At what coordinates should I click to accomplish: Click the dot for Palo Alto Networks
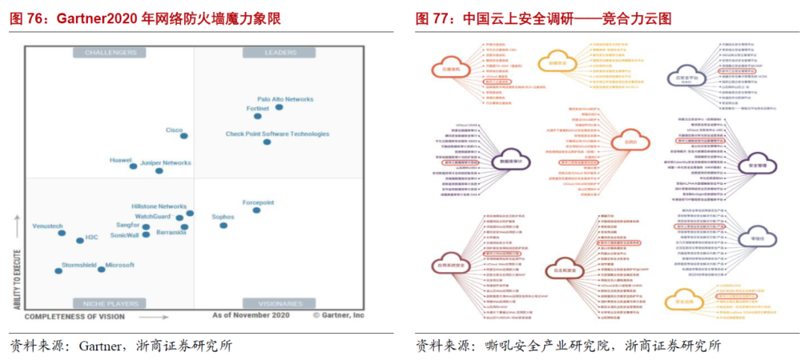pyautogui.click(x=280, y=107)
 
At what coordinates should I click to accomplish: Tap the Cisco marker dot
pyautogui.click(x=184, y=136)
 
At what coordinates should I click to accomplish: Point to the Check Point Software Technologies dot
pyautogui.click(x=267, y=142)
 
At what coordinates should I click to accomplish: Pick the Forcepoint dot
pyautogui.click(x=257, y=210)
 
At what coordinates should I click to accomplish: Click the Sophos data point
pyautogui.click(x=224, y=225)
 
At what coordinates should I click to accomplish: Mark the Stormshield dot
pyautogui.click(x=58, y=271)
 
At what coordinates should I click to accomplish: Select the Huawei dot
pyautogui.click(x=133, y=166)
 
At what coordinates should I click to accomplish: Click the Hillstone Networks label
pyautogui.click(x=159, y=206)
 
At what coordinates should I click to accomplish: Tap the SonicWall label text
pyautogui.click(x=124, y=235)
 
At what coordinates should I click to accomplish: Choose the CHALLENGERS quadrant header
pyautogui.click(x=110, y=53)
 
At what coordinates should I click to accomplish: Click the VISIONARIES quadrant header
pyautogui.click(x=280, y=303)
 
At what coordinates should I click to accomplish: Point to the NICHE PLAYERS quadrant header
pyautogui.click(x=110, y=303)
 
